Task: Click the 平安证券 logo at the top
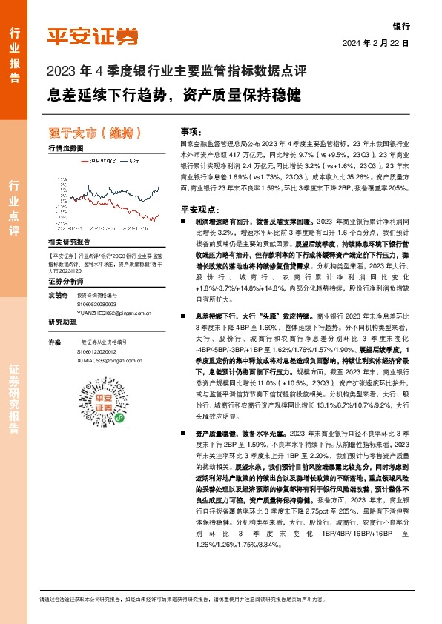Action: pyautogui.click(x=93, y=36)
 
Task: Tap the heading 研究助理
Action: pyautogui.click(x=62, y=322)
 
